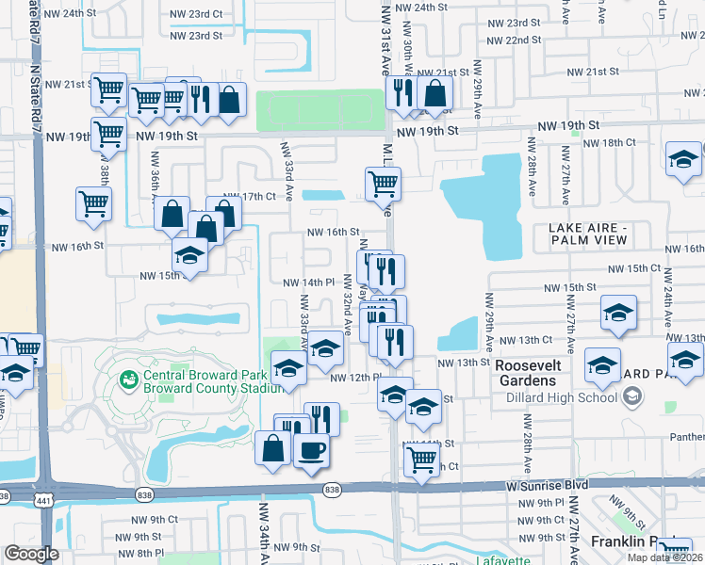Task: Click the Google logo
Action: click(x=31, y=554)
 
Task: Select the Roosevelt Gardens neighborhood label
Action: click(x=528, y=373)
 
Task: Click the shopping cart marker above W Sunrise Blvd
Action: click(x=420, y=460)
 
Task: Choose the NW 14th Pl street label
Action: click(x=310, y=282)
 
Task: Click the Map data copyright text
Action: click(x=664, y=557)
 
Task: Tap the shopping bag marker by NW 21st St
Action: click(x=434, y=93)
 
